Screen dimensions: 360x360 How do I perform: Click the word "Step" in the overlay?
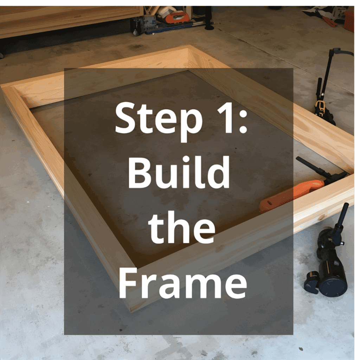point(159,117)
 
